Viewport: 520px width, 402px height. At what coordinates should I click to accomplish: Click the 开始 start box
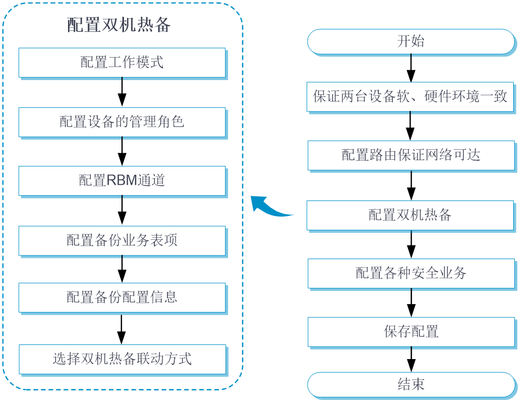point(411,42)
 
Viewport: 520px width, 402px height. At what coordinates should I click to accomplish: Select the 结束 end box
point(411,385)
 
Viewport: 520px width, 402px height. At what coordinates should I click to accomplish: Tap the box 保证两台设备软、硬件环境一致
point(411,96)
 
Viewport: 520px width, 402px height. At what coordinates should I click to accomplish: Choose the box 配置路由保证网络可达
point(411,155)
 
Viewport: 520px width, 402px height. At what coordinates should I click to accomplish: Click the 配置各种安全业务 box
point(411,273)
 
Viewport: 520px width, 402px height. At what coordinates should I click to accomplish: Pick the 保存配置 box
point(411,331)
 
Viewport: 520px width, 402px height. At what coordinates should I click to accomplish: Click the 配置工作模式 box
point(122,62)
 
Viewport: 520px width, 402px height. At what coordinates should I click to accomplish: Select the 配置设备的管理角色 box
point(122,122)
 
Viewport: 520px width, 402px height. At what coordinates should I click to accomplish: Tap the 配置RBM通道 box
point(122,181)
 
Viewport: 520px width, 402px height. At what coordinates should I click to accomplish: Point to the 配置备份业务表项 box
point(122,240)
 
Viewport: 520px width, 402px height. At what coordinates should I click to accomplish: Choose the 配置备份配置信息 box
point(122,297)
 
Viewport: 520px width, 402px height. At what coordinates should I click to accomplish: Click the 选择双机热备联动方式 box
point(122,359)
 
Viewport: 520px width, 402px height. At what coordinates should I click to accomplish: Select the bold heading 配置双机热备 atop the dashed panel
point(119,25)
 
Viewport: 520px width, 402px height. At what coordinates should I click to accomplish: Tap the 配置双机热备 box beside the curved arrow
point(411,215)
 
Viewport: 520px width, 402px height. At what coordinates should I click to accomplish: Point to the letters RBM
point(122,181)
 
